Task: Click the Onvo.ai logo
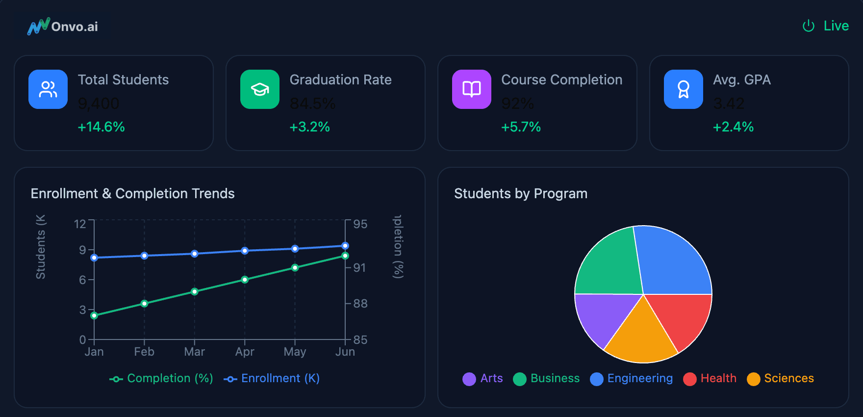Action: pos(63,26)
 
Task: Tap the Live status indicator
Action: pos(826,26)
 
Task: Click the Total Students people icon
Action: pos(48,89)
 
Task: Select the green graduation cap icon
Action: pos(260,89)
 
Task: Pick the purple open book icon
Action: pos(472,89)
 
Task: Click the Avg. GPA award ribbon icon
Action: pos(684,89)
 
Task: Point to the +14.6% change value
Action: pos(102,127)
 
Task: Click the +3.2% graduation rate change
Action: pos(310,127)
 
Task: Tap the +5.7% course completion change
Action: pos(521,127)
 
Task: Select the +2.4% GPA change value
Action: pos(734,127)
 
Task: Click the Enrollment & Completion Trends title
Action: pos(133,194)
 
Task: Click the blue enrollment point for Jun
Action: pos(345,246)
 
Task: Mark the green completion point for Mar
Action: pos(195,291)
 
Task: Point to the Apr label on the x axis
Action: pos(245,352)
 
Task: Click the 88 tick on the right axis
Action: pos(360,304)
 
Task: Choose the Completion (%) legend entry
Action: pos(162,378)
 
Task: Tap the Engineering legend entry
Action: pos(632,378)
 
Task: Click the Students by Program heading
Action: pos(521,194)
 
